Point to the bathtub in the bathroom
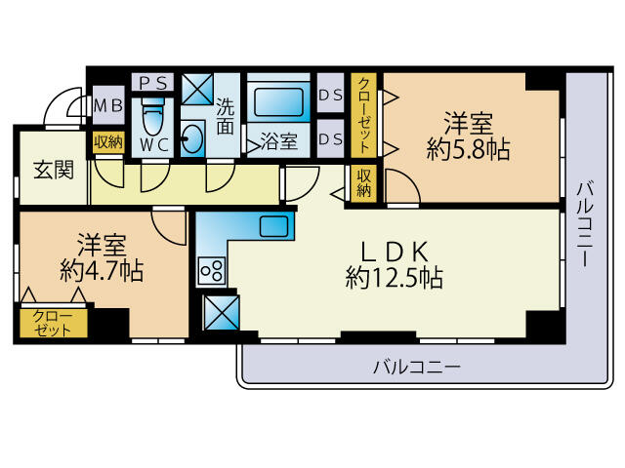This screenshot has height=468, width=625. (277, 100)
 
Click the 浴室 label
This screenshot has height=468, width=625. (279, 141)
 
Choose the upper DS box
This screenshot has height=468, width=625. (330, 95)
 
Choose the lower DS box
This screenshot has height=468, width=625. (330, 138)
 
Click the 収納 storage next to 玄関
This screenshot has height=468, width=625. (108, 141)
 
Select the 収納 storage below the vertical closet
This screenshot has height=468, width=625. (363, 183)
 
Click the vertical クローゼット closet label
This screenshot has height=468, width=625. (363, 114)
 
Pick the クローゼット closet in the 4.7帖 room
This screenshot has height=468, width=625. (53, 323)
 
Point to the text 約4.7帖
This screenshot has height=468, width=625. (101, 270)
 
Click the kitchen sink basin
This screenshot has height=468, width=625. (273, 226)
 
